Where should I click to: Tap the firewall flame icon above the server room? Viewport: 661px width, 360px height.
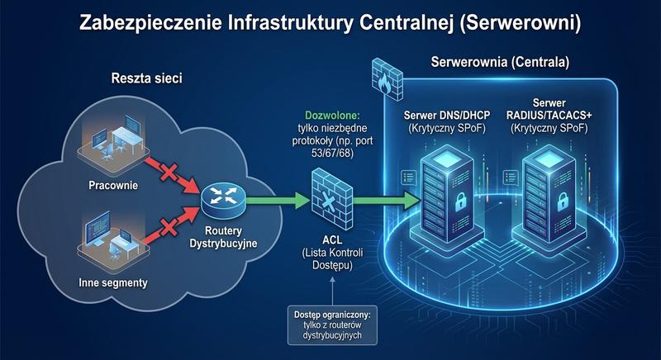pos(385,78)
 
